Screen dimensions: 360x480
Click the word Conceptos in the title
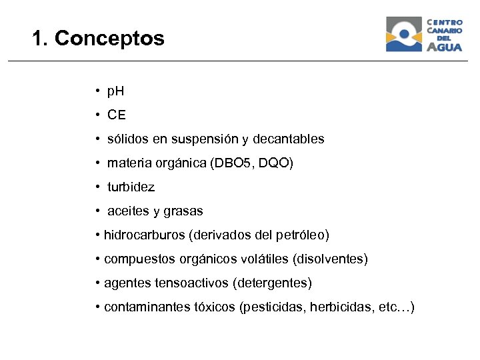[109, 39]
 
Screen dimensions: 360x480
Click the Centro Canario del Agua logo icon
[404, 34]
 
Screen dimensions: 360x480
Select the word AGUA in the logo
[444, 47]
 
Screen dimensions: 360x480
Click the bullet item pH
[115, 91]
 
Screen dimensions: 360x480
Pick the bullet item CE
[116, 115]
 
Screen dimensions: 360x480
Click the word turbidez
[131, 187]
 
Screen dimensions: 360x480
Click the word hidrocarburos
[145, 235]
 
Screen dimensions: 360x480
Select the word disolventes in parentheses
[330, 259]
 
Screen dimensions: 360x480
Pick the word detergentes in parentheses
[271, 283]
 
